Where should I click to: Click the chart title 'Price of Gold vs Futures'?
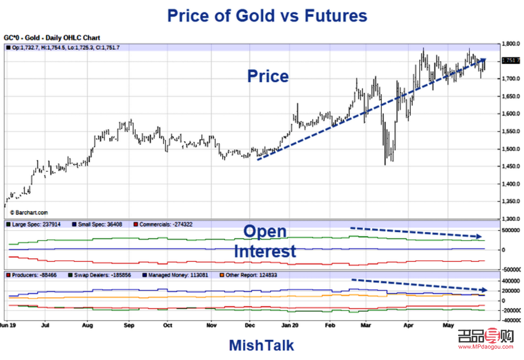point(267,16)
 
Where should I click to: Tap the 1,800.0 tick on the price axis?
point(511,44)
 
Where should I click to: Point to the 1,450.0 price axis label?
point(511,166)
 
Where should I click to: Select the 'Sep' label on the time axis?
point(129,325)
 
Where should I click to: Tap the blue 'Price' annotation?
point(268,76)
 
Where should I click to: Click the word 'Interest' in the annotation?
point(265,251)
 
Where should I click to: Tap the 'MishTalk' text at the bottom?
point(261,345)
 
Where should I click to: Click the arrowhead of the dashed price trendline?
point(483,60)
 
